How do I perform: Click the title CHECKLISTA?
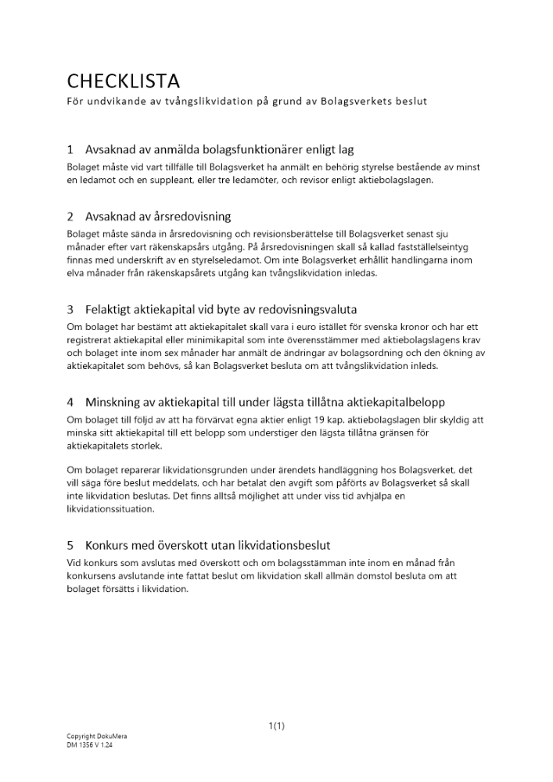tap(123, 81)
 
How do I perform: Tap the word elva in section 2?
tap(76, 274)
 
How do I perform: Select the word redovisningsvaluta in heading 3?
tap(307, 310)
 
